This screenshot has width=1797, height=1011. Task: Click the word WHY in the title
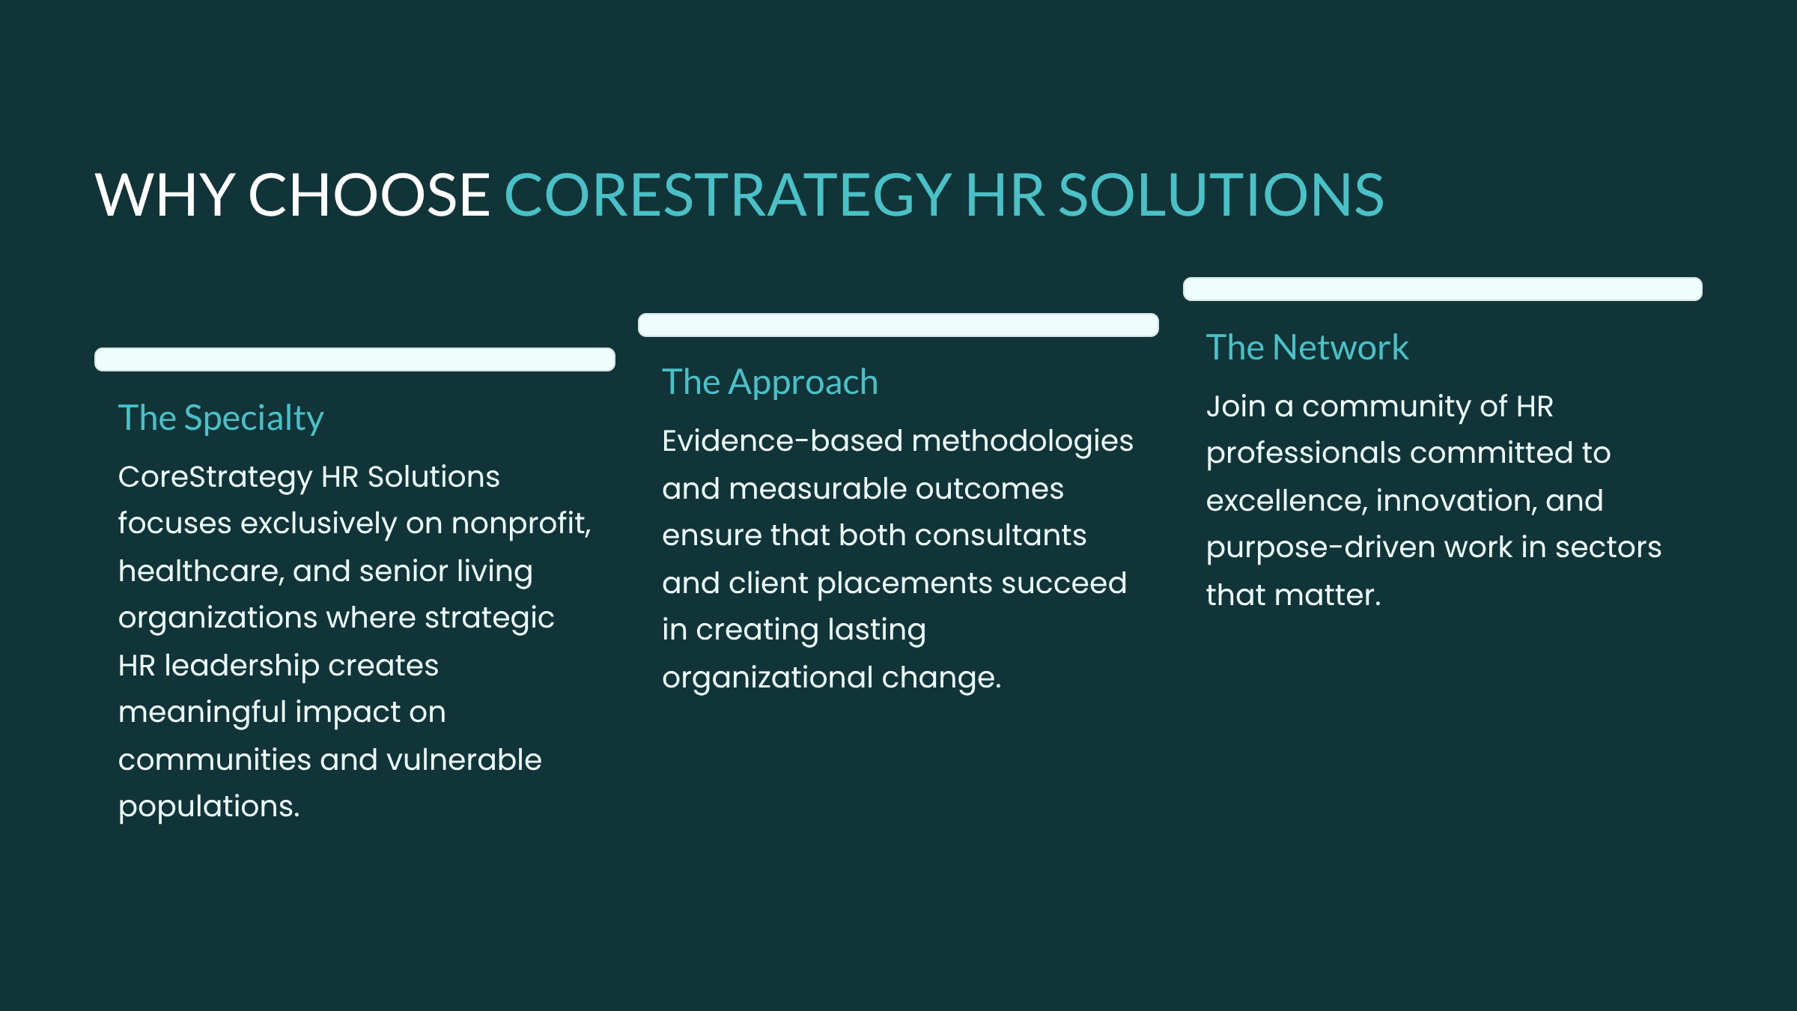click(165, 195)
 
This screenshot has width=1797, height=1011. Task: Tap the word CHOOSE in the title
click(369, 195)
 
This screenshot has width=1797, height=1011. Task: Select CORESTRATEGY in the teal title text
click(728, 195)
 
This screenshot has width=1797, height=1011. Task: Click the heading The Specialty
click(221, 419)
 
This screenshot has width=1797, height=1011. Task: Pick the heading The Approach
click(770, 383)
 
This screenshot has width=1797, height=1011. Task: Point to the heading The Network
click(1307, 347)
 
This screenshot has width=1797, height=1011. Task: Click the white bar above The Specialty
click(355, 359)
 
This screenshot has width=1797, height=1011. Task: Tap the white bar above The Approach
click(898, 325)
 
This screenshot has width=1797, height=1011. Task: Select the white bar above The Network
click(1443, 289)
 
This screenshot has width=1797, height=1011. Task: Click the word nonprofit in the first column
click(518, 523)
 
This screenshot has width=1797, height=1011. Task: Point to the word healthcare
click(201, 571)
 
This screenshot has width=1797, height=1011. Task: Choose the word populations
click(208, 807)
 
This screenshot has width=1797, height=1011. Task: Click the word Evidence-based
click(782, 440)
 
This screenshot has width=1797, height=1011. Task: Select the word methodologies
click(1023, 442)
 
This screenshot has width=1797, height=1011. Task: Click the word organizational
click(767, 678)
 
